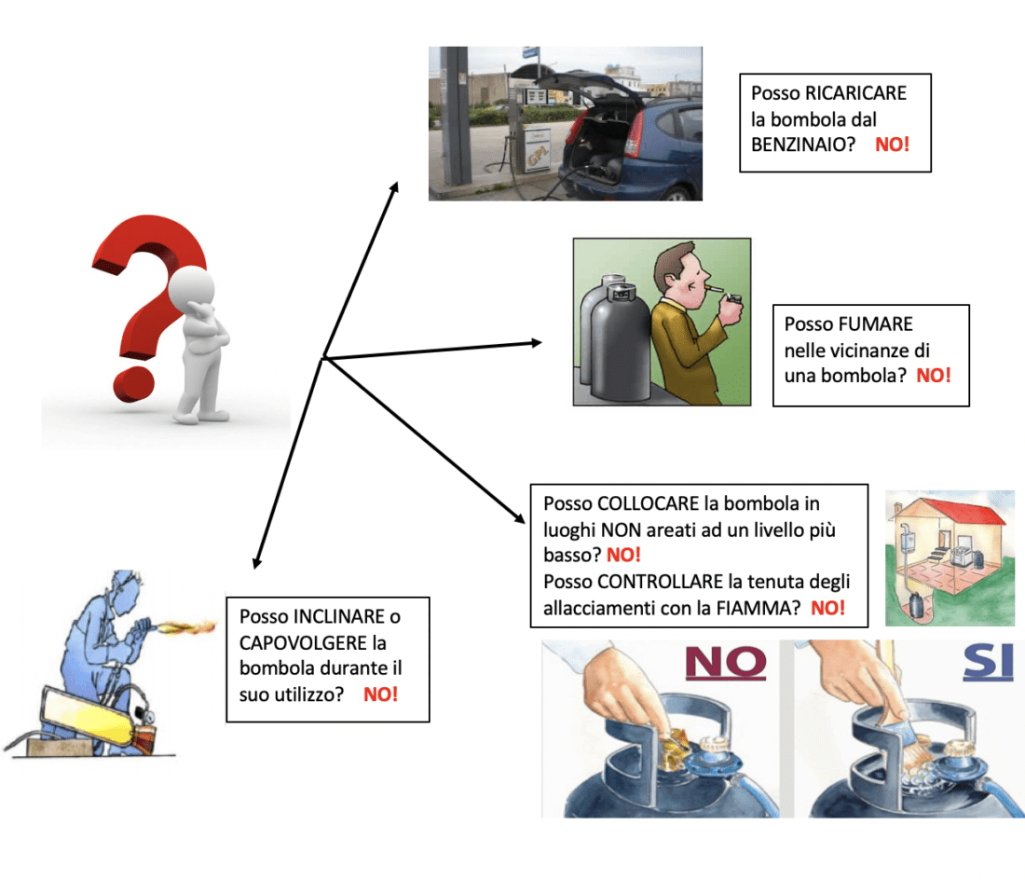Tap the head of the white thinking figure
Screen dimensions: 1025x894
pos(192,287)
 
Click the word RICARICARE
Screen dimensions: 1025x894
pos(855,93)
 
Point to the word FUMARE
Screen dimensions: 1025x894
pos(876,323)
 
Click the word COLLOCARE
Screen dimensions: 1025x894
pos(649,503)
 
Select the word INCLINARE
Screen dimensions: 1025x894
pos(340,617)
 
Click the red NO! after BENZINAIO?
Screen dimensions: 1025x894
pos(893,144)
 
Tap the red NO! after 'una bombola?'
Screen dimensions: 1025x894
pos(934,376)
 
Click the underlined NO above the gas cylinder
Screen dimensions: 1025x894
pos(726,663)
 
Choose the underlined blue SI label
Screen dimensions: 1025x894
pos(988,663)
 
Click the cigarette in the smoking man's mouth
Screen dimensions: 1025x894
pos(716,289)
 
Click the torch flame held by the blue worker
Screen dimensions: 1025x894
pos(186,628)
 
